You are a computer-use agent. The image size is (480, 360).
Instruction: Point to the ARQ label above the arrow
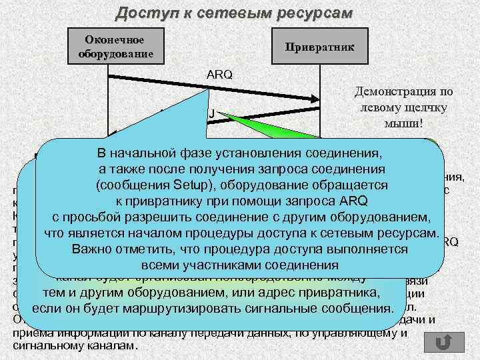click(220, 75)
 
